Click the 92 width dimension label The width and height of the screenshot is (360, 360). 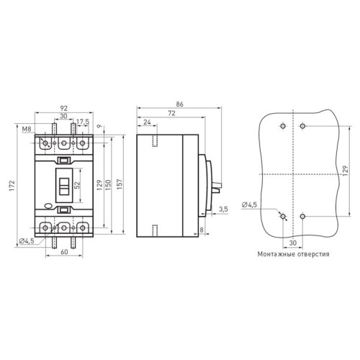[x=64, y=109]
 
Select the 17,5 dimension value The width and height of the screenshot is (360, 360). [x=83, y=122]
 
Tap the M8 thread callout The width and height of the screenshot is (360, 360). [x=27, y=129]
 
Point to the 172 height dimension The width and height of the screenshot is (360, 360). [x=12, y=186]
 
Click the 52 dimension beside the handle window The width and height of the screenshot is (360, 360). [x=77, y=185]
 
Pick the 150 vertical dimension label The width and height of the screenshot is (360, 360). [x=108, y=185]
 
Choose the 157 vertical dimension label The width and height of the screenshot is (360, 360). [x=120, y=184]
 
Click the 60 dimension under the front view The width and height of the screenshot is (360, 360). [x=64, y=251]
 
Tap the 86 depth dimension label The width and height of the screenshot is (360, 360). [x=179, y=104]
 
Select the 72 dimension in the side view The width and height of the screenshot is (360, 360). [x=171, y=113]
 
